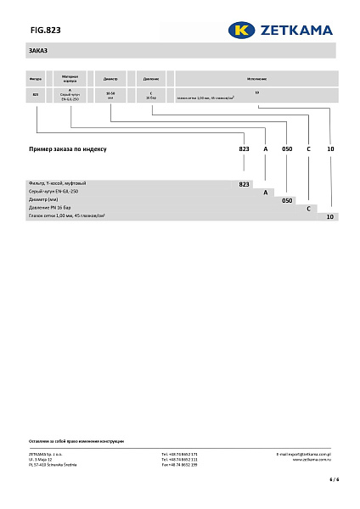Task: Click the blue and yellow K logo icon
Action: click(242, 30)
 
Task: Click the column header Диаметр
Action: click(110, 77)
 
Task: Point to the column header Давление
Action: click(151, 77)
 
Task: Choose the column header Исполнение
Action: click(257, 77)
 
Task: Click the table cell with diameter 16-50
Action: click(110, 95)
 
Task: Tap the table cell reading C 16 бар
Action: click(151, 95)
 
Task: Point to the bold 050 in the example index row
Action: click(287, 148)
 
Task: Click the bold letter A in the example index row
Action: click(266, 148)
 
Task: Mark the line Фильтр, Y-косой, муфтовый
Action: click(58, 183)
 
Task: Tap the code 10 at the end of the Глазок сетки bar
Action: click(331, 217)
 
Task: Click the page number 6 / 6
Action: click(334, 479)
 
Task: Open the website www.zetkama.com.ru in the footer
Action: click(312, 459)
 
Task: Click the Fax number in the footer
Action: click(179, 465)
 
